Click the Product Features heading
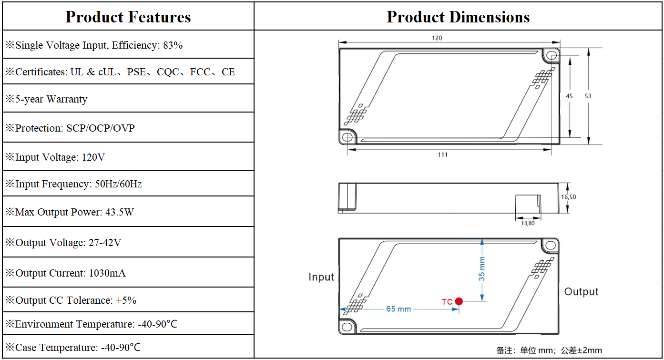[128, 17]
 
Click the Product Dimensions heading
[458, 17]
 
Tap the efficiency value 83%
[173, 45]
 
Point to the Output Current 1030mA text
[65, 273]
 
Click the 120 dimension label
[437, 38]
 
